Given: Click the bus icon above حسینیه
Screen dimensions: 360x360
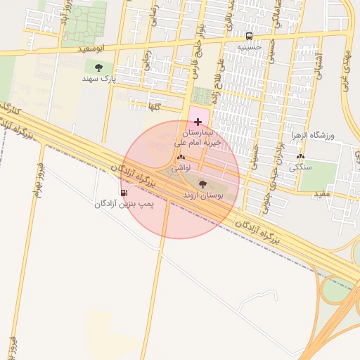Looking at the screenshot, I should (x=249, y=36).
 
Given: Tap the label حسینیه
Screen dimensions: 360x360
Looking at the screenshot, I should (x=249, y=47).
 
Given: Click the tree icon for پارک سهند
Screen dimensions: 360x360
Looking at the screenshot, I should (x=98, y=67).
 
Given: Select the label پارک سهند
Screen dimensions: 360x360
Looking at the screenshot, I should (x=98, y=79).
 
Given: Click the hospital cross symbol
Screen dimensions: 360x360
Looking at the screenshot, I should (x=198, y=122).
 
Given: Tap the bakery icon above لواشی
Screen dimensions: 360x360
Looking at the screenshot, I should (x=181, y=158).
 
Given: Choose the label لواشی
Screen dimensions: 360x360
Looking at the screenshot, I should (x=181, y=169).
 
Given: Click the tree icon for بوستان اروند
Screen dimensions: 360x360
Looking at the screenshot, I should (x=202, y=184).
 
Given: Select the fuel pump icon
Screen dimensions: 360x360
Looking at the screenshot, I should (x=124, y=193).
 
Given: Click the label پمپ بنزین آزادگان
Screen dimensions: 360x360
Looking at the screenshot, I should (x=124, y=204).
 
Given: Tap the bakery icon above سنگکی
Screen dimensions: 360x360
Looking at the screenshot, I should (x=301, y=157).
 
